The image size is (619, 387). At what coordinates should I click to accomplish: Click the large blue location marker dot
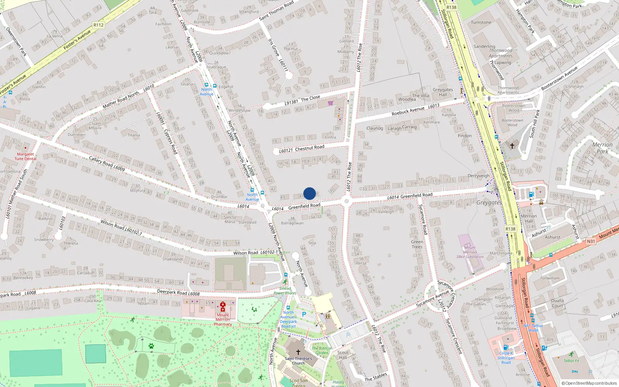click(309, 193)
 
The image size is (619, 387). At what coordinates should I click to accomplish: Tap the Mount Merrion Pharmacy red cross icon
click(223, 307)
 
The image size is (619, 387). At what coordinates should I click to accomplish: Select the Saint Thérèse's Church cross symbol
click(298, 352)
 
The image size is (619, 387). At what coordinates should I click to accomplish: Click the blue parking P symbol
click(304, 314)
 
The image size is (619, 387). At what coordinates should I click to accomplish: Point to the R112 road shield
click(99, 25)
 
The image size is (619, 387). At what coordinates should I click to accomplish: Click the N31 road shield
click(591, 241)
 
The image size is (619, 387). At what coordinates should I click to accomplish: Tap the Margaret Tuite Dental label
click(26, 156)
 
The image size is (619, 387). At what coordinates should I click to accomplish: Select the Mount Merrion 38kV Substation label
click(470, 252)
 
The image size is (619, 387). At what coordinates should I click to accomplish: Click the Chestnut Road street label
click(309, 148)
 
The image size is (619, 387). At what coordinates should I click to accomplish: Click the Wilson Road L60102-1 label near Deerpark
click(255, 253)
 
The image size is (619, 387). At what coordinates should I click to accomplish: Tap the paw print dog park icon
click(151, 346)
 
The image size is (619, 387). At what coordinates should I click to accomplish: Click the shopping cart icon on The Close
click(330, 103)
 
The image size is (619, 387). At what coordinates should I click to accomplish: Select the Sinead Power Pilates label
click(285, 291)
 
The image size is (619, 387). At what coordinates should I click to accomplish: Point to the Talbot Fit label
click(571, 361)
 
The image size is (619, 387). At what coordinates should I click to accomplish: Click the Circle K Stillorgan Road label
click(506, 358)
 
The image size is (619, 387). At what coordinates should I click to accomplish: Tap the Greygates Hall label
click(443, 92)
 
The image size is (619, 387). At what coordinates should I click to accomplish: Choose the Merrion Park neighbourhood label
click(602, 148)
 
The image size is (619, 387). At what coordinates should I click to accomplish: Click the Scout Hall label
click(343, 355)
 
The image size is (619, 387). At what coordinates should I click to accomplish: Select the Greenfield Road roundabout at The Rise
click(346, 201)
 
